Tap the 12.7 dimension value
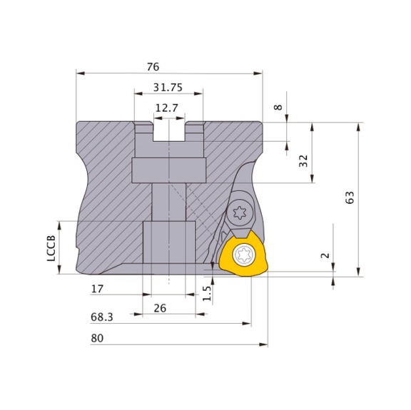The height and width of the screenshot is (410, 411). (166, 107)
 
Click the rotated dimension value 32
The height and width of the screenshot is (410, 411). (303, 160)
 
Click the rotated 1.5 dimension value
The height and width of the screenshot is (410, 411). (206, 292)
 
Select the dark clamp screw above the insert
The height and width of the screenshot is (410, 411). (239, 211)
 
